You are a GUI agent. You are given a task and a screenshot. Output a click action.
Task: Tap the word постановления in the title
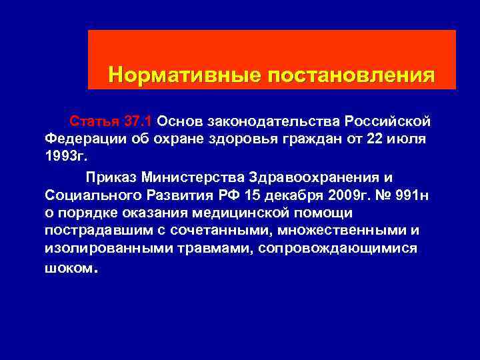click(x=351, y=74)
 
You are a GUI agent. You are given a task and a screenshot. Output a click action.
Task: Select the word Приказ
click(x=110, y=177)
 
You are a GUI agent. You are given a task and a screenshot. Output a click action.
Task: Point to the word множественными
click(x=347, y=231)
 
